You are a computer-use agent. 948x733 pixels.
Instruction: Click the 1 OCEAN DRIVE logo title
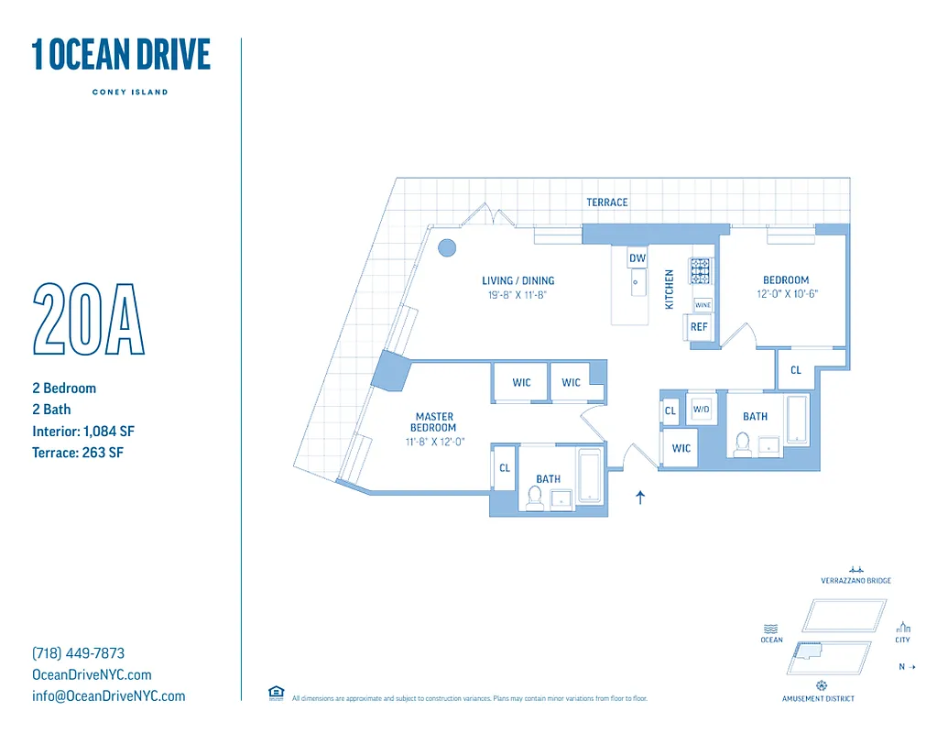point(121,55)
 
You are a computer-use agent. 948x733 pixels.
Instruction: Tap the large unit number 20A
point(89,320)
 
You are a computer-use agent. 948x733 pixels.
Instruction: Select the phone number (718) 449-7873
point(79,653)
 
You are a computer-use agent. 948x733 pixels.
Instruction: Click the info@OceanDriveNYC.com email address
point(108,695)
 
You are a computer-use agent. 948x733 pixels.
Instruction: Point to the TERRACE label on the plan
point(607,202)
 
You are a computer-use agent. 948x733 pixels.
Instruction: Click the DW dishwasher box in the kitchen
point(637,258)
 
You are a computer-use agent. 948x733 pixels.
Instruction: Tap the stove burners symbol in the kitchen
point(700,270)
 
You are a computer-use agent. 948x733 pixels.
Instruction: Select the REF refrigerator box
point(699,327)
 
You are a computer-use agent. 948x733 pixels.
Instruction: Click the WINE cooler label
point(703,305)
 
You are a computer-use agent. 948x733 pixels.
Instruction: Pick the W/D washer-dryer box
point(702,409)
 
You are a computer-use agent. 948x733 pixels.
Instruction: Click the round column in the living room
point(447,246)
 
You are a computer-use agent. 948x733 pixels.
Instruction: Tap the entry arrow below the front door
point(640,498)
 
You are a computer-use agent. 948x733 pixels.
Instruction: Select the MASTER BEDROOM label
point(435,422)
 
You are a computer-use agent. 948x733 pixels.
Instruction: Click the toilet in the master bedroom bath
point(535,497)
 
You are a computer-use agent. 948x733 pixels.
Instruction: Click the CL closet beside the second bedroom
point(796,370)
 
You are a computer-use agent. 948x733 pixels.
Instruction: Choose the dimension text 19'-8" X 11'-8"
point(518,295)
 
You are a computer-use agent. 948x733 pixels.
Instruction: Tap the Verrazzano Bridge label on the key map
point(855,581)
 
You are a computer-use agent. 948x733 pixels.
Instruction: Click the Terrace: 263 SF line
point(77,452)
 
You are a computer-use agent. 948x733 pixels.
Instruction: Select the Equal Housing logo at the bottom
point(276,693)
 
